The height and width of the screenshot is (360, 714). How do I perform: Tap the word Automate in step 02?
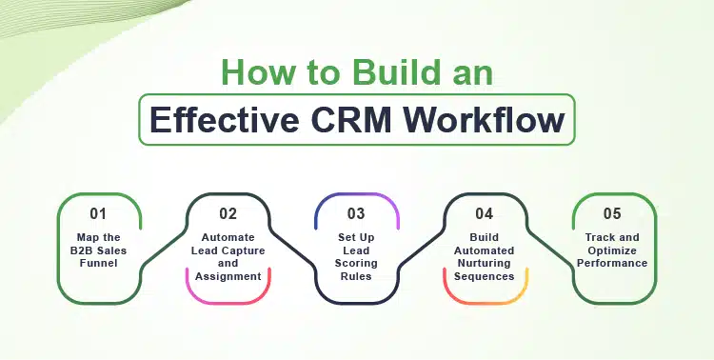pos(228,237)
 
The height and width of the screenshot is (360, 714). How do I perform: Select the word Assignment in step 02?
pos(228,275)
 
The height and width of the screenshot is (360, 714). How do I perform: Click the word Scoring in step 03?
pos(356,263)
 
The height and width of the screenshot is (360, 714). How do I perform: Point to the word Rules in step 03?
pos(356,275)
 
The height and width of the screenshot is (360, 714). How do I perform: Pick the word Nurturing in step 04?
pos(486,263)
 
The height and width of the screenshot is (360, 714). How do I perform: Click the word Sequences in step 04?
pos(486,275)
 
